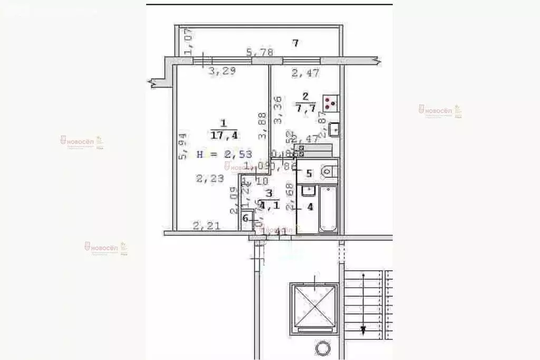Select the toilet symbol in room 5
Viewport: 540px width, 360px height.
tap(329, 172)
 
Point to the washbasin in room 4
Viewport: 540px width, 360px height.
tap(308, 191)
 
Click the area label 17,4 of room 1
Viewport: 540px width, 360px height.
tap(224, 135)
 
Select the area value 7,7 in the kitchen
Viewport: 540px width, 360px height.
tap(305, 109)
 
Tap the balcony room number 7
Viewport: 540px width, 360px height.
tap(296, 43)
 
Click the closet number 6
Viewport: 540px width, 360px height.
tap(245, 218)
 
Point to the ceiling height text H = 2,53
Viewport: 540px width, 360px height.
tap(224, 154)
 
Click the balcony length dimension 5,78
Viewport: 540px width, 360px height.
tap(259, 53)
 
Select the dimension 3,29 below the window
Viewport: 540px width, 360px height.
tap(221, 72)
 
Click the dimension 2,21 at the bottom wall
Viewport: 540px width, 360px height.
tap(205, 227)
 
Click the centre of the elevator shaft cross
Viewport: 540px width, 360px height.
tap(314, 308)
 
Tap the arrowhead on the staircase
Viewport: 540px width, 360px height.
tap(363, 330)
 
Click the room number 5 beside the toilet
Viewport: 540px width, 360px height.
tap(309, 173)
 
